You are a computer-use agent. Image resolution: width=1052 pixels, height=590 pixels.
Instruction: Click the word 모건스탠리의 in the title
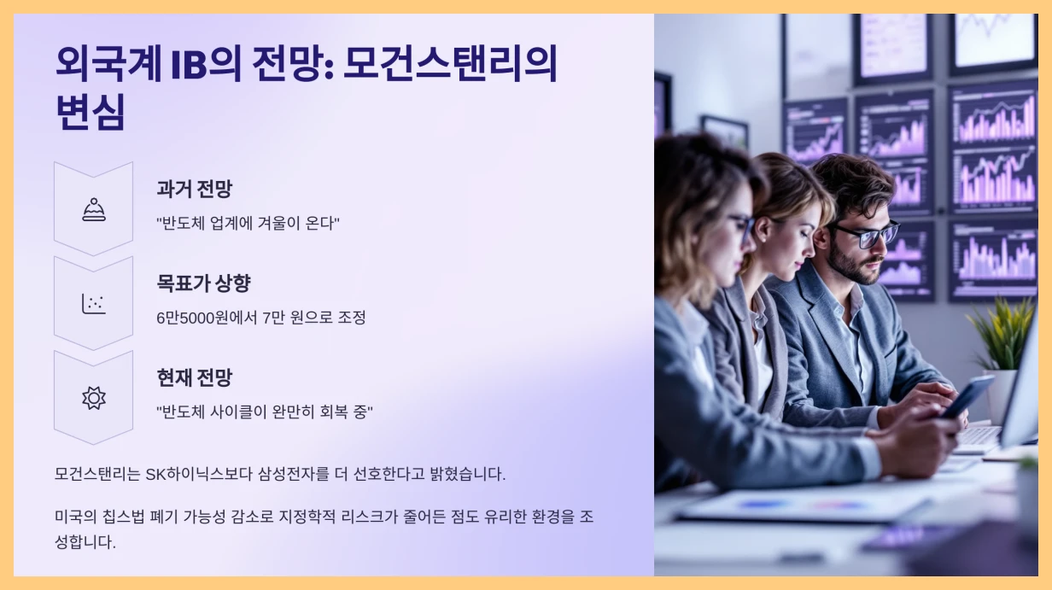(x=450, y=65)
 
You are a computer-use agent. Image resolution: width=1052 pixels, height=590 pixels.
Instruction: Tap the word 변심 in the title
(x=90, y=112)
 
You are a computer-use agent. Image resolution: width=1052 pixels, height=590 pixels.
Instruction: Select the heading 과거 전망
(x=194, y=189)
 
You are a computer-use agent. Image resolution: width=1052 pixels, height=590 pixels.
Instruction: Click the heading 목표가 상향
(x=203, y=283)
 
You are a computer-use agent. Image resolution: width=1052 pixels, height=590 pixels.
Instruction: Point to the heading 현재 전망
(x=194, y=377)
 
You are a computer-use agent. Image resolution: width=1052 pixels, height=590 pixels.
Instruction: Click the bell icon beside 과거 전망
(x=94, y=209)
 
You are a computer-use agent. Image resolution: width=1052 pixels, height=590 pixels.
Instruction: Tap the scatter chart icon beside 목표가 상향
(x=94, y=303)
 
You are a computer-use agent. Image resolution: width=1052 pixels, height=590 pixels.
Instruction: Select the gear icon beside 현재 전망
(x=94, y=398)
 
